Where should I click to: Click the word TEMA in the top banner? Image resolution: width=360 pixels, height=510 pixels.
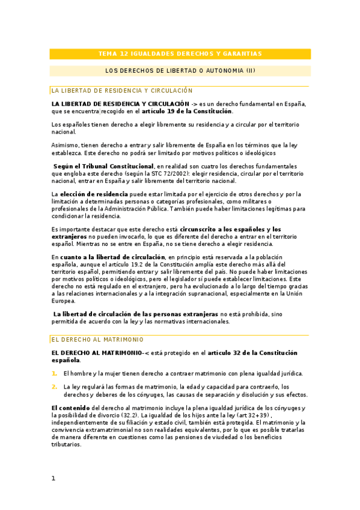pos(107,54)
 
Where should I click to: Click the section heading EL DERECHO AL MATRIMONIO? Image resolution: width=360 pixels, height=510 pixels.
pos(90,340)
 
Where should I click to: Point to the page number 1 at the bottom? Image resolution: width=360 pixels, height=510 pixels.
pos(53,478)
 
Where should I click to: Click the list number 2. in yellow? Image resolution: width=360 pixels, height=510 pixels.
pos(54,387)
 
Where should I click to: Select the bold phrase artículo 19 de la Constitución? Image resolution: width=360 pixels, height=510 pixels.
pos(187,111)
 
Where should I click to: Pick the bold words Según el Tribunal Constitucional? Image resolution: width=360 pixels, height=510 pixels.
pos(103,166)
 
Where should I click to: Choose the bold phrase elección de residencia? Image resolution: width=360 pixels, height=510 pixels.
pos(94,194)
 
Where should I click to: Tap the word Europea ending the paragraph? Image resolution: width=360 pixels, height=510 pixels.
pos(64,301)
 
